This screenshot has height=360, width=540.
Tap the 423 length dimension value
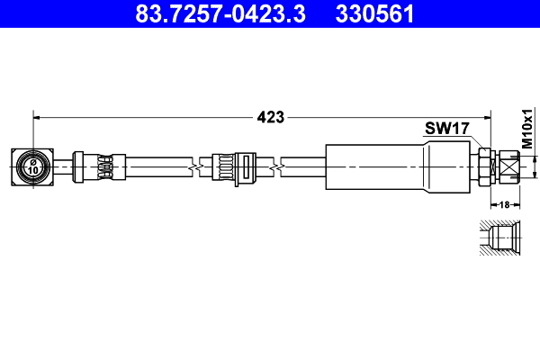[x=271, y=116]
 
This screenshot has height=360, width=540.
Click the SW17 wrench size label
[x=447, y=129]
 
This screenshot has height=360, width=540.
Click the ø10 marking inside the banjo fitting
[x=32, y=166]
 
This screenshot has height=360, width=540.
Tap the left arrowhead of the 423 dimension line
[x=38, y=116]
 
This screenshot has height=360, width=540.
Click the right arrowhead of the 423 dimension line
[x=486, y=116]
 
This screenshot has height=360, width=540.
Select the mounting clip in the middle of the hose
[x=231, y=166]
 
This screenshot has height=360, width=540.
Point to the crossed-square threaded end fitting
[x=510, y=166]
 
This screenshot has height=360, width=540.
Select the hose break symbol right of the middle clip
[x=281, y=166]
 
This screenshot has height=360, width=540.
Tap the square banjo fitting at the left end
[x=32, y=166]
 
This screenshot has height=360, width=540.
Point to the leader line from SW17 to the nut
[x=476, y=141]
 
